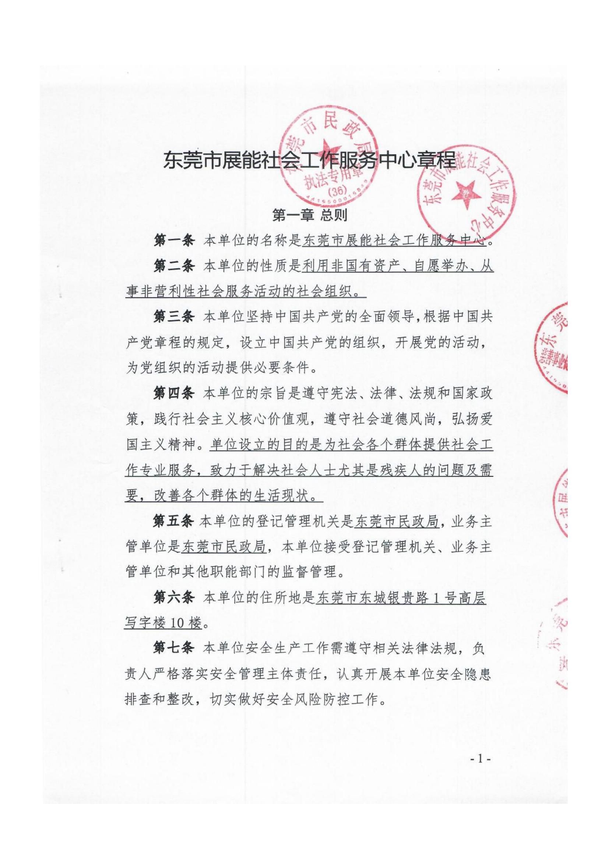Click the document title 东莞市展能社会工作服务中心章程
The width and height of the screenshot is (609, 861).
click(309, 161)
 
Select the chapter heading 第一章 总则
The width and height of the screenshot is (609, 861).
click(309, 215)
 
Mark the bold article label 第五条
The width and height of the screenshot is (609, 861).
click(173, 521)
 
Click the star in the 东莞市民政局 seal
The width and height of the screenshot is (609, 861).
click(327, 149)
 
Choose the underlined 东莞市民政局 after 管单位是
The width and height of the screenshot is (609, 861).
click(223, 547)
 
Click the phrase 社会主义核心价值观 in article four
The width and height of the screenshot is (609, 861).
click(259, 419)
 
